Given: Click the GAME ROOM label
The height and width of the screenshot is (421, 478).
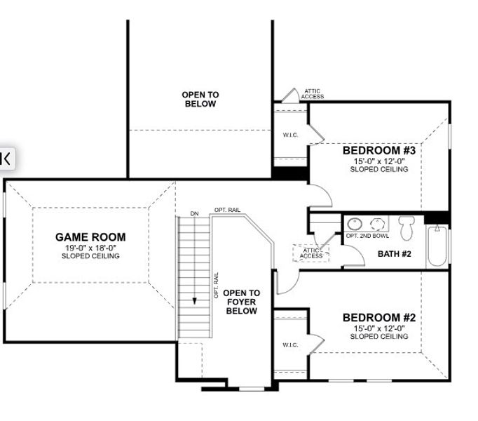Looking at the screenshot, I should (x=90, y=237).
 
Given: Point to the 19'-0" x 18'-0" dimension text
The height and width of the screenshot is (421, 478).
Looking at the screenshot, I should (x=90, y=248).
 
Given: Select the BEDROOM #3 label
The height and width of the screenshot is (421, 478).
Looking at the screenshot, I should (x=379, y=151).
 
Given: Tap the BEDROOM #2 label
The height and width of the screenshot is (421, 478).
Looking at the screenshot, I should (x=379, y=318).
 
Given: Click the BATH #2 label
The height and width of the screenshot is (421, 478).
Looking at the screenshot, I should (x=394, y=253).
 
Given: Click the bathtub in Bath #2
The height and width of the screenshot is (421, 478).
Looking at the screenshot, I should (x=436, y=246).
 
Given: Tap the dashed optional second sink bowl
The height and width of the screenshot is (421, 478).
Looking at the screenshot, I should (x=378, y=224).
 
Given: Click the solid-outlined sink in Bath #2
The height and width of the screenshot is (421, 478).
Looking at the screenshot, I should (x=355, y=224).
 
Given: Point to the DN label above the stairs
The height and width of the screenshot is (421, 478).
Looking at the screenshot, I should (x=195, y=213).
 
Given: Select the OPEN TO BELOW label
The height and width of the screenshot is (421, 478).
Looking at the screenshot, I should (x=200, y=99).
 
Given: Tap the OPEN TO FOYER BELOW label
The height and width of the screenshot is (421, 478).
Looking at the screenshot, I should (x=241, y=302).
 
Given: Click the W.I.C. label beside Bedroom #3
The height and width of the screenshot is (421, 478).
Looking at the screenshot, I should (x=290, y=135).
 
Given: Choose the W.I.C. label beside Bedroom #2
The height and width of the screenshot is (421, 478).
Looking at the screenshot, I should (x=290, y=345).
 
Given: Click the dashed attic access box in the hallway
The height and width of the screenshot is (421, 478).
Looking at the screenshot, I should (x=308, y=253).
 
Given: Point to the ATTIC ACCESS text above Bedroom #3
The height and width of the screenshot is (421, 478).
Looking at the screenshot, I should (x=313, y=93).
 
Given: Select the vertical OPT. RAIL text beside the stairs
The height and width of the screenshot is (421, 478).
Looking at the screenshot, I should (x=217, y=286).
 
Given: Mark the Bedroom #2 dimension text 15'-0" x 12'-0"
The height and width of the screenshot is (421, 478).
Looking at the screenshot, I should (x=379, y=328).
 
